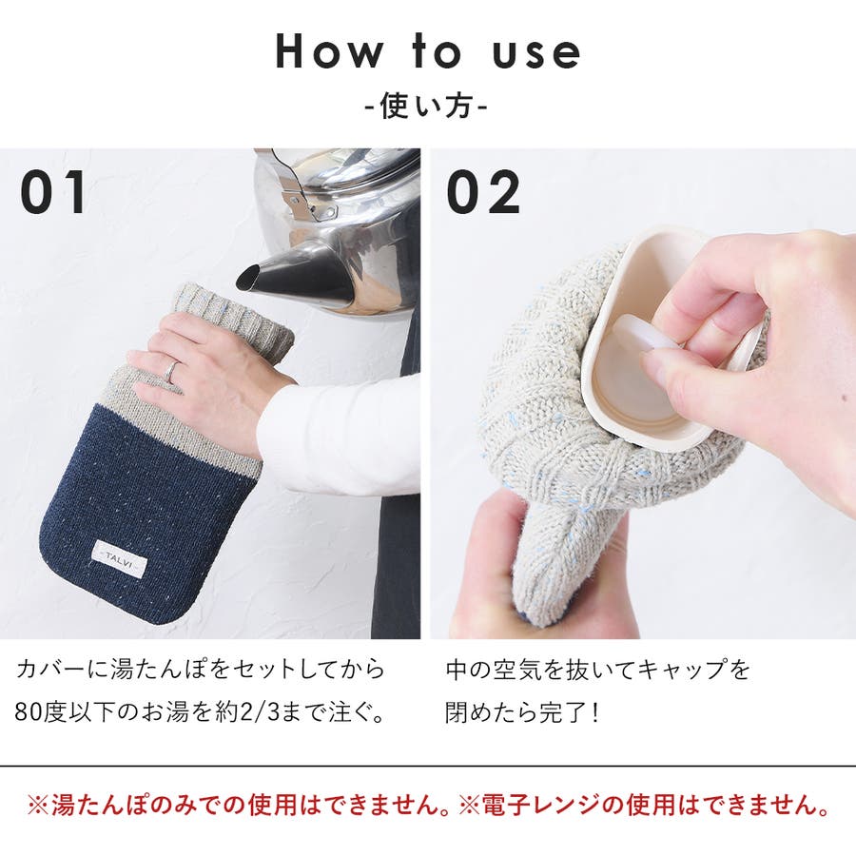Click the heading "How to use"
(x=428, y=51)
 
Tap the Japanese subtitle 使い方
(x=426, y=106)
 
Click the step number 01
(x=53, y=191)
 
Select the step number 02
(x=483, y=191)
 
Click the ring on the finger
(x=171, y=372)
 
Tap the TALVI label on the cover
(x=120, y=558)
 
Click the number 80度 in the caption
(x=42, y=713)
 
